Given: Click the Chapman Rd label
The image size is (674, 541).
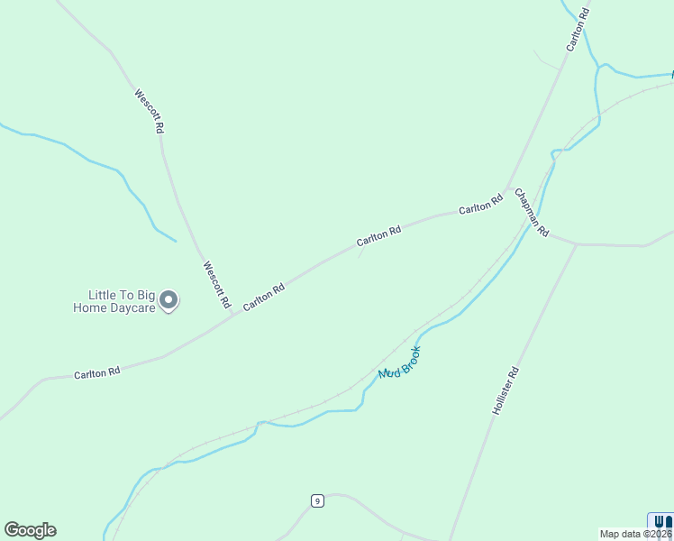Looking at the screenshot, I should tap(532, 213).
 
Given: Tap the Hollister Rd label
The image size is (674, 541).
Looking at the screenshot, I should tap(506, 390).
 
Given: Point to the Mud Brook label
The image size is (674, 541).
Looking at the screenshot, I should tap(400, 362).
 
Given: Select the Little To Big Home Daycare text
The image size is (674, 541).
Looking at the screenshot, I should tap(121, 301).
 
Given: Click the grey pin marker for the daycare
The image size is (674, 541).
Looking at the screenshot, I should tap(168, 301).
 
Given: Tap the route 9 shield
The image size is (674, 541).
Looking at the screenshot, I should tap(317, 501).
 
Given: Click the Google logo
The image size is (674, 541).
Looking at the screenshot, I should tap(30, 530).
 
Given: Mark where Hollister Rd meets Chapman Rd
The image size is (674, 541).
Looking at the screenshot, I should tap(576, 243).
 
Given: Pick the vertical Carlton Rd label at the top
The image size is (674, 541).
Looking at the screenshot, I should tap(578, 29).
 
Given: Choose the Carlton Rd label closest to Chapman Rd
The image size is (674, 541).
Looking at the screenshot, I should tap(480, 205).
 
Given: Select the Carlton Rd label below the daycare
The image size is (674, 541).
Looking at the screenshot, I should tap(97, 372).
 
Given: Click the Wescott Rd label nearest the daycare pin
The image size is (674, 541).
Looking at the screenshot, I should tap(216, 285).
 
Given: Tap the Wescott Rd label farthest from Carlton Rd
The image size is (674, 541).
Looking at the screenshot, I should tap(149, 111).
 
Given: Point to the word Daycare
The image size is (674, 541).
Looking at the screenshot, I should tap(129, 307).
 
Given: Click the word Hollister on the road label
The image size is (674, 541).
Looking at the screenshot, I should tap(503, 396).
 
